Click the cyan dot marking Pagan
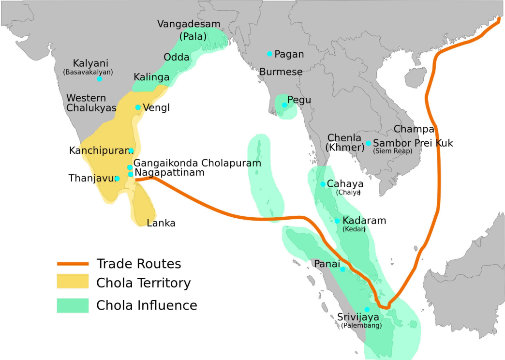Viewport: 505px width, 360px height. pyautogui.click(x=270, y=54)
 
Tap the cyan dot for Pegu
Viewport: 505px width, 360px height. pyautogui.click(x=285, y=105)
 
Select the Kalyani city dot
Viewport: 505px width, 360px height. pyautogui.click(x=99, y=79)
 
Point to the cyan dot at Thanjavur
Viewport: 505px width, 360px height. pyautogui.click(x=117, y=179)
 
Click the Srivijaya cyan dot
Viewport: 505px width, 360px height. pyautogui.click(x=367, y=309)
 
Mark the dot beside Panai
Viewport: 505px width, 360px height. pyautogui.click(x=343, y=269)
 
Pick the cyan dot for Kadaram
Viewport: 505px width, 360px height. pyautogui.click(x=338, y=221)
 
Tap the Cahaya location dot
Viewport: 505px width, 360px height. pyautogui.click(x=323, y=184)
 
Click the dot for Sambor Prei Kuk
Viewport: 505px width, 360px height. pyautogui.click(x=369, y=143)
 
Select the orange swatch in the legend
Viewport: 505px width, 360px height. pyautogui.click(x=73, y=264)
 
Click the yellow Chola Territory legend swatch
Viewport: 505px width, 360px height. pyautogui.click(x=73, y=282)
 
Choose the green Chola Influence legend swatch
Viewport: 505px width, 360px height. pyautogui.click(x=73, y=305)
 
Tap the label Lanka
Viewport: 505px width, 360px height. pyautogui.click(x=161, y=223)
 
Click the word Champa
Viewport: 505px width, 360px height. pyautogui.click(x=414, y=129)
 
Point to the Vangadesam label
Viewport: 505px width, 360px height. pyautogui.click(x=189, y=24)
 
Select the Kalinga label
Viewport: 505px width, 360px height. pyautogui.click(x=151, y=77)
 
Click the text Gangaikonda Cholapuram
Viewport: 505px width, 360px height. pyautogui.click(x=197, y=163)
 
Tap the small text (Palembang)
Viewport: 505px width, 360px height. pyautogui.click(x=361, y=326)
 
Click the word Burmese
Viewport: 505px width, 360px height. pyautogui.click(x=281, y=72)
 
